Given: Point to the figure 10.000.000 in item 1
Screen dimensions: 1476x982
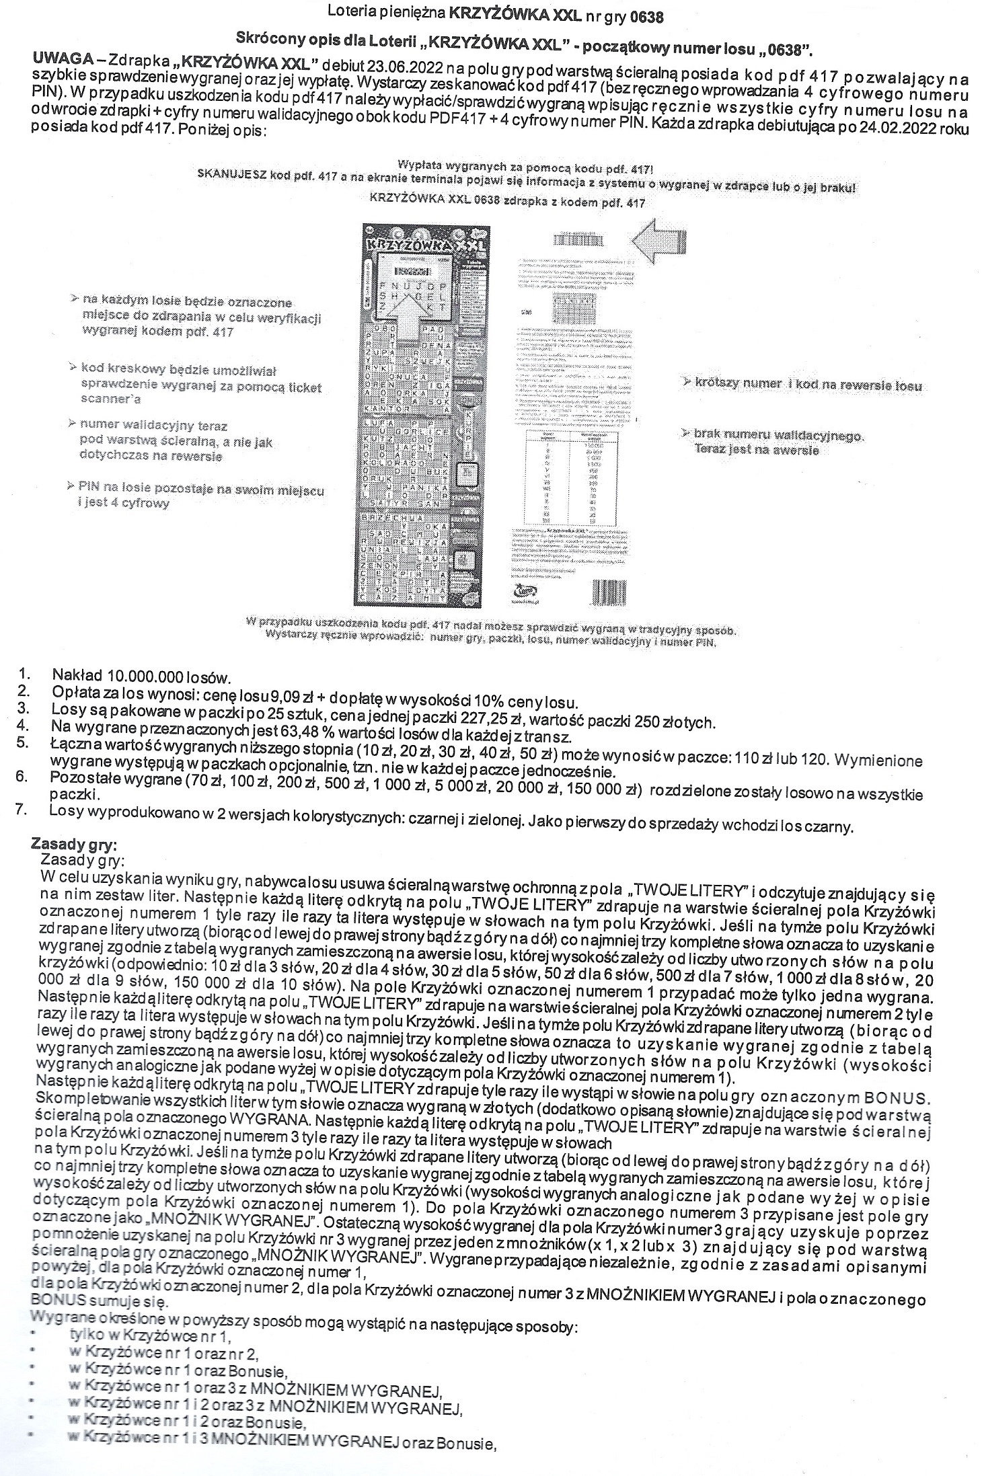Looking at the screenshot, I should click(138, 675).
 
